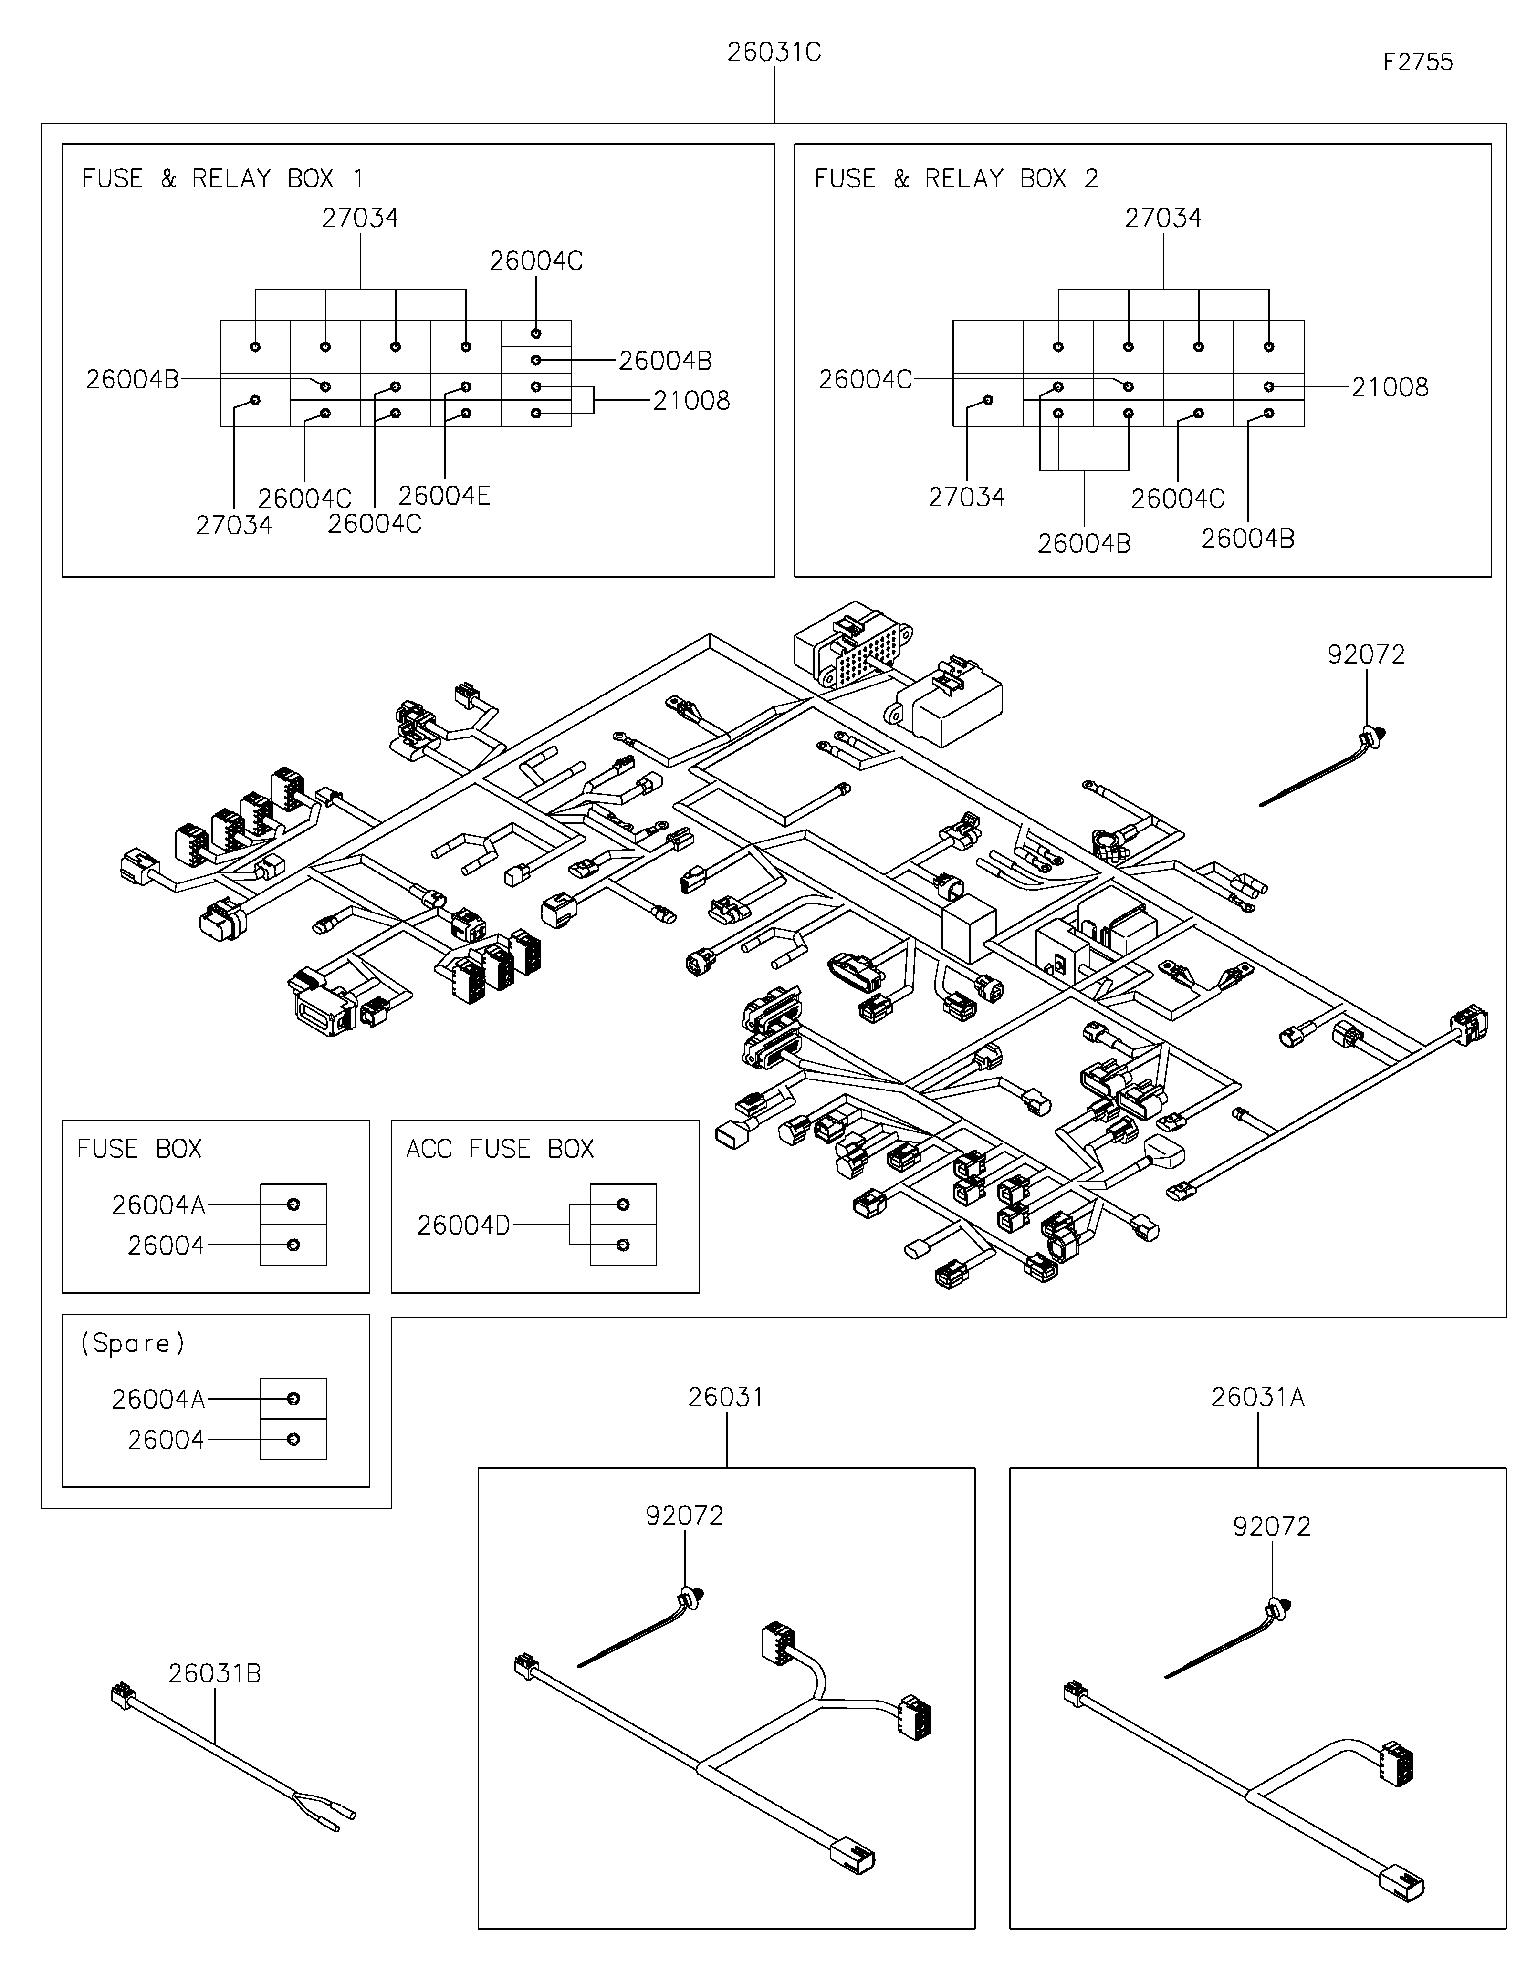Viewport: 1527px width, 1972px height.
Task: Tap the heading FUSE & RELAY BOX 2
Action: pos(955,179)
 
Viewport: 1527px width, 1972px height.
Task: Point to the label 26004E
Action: pos(444,496)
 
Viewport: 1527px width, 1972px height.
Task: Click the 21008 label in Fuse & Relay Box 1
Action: pos(691,401)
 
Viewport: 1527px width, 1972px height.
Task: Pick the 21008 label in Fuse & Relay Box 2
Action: pos(1390,387)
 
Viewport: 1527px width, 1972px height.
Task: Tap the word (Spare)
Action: pos(133,1344)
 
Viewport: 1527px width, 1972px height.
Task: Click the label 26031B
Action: pos(215,1673)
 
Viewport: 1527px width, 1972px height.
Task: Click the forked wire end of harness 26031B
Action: pos(325,1812)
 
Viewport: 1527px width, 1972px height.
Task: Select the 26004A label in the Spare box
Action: pos(158,1400)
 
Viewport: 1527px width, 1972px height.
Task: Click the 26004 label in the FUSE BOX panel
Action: pos(166,1246)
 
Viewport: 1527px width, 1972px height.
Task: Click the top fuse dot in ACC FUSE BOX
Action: pos(622,1204)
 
